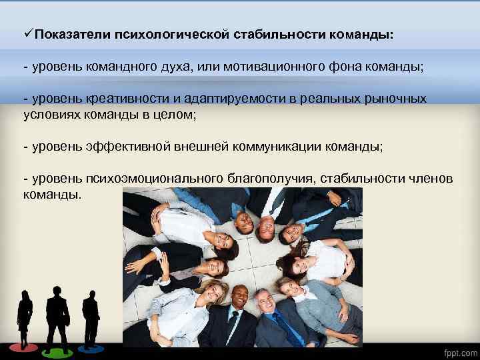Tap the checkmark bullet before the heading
[27, 33]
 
